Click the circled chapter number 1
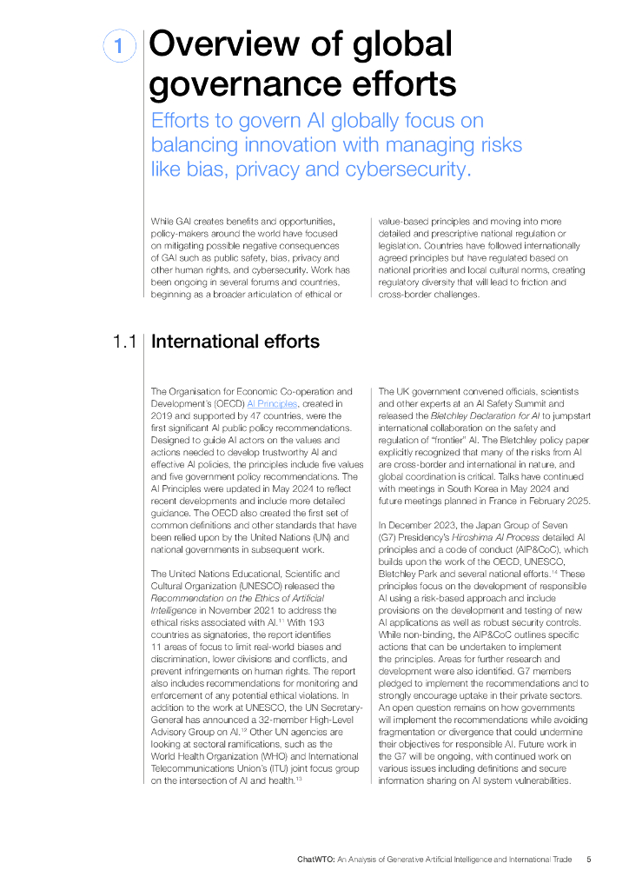(x=119, y=46)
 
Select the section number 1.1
(x=122, y=342)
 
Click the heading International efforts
(x=235, y=342)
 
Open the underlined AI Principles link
(x=272, y=404)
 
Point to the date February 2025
(x=561, y=501)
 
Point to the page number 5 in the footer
(x=588, y=859)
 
